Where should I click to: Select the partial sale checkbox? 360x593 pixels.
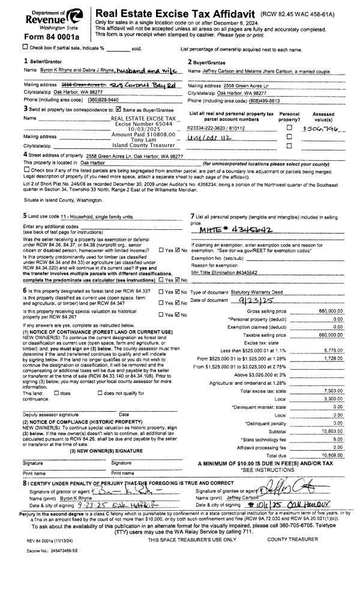click(x=7, y=47)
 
